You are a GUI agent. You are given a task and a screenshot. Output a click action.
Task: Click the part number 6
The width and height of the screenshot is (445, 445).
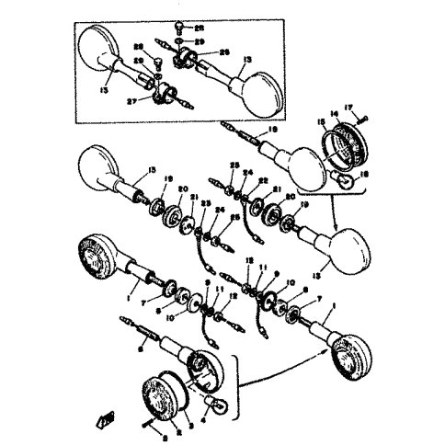140,348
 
